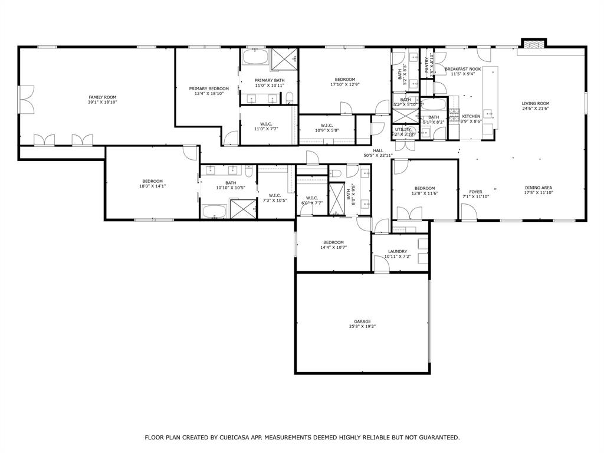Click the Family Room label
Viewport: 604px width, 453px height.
[x=103, y=97]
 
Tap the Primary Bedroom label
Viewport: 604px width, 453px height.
[x=209, y=88]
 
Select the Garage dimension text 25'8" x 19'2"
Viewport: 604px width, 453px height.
[x=362, y=326]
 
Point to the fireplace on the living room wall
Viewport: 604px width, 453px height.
[x=534, y=44]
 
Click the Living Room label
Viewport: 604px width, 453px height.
[x=535, y=104]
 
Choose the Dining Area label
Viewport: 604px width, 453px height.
[x=538, y=188]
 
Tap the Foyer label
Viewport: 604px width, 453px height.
[x=475, y=192]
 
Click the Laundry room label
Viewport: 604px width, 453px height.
[x=398, y=251]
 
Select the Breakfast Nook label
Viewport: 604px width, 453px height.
[x=462, y=69]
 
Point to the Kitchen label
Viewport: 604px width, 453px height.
[x=471, y=116]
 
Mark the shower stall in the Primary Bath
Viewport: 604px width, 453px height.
[x=285, y=59]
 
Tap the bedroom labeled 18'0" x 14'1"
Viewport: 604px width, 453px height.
[x=152, y=181]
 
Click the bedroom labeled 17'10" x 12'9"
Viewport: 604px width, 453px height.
[x=345, y=80]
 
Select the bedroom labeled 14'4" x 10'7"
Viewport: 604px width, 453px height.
[x=333, y=242]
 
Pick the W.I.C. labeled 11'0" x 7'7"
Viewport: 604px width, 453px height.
[x=265, y=124]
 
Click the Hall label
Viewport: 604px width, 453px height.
[x=378, y=150]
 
